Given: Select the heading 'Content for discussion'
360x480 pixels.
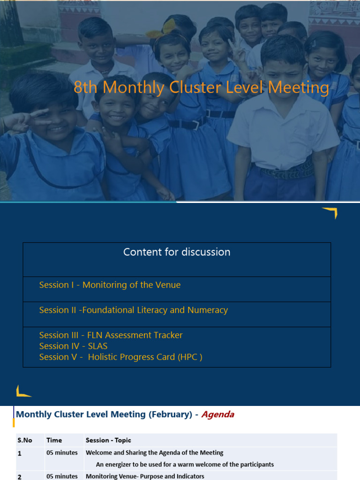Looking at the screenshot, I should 177,252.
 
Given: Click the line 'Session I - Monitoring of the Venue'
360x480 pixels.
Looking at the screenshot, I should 110,285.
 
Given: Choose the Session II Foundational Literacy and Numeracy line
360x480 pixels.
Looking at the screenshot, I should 133,310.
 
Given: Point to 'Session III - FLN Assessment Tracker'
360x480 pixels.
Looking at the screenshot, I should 111,335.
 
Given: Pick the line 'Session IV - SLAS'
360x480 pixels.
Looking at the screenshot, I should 73,346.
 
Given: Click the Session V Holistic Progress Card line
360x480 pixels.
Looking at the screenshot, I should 120,357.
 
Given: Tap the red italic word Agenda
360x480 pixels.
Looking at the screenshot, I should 217,414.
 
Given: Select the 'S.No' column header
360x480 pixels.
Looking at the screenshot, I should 26,440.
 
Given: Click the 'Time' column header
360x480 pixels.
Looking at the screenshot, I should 54,440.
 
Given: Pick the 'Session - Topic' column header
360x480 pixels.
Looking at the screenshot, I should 108,440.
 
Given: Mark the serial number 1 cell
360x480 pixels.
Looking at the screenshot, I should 20,453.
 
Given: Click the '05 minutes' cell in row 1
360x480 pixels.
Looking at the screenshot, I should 62,453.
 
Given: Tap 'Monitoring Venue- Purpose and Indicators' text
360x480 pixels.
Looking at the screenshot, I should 145,476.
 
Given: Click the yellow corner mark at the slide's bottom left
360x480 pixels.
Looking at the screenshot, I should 22,391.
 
